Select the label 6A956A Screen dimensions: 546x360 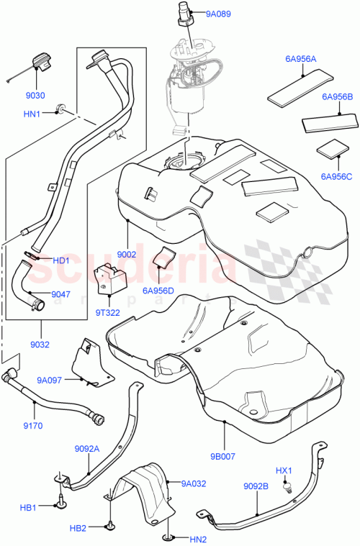tap(300, 59)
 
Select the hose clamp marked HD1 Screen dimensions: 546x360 tap(32, 256)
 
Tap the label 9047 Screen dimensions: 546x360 tap(60, 294)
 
